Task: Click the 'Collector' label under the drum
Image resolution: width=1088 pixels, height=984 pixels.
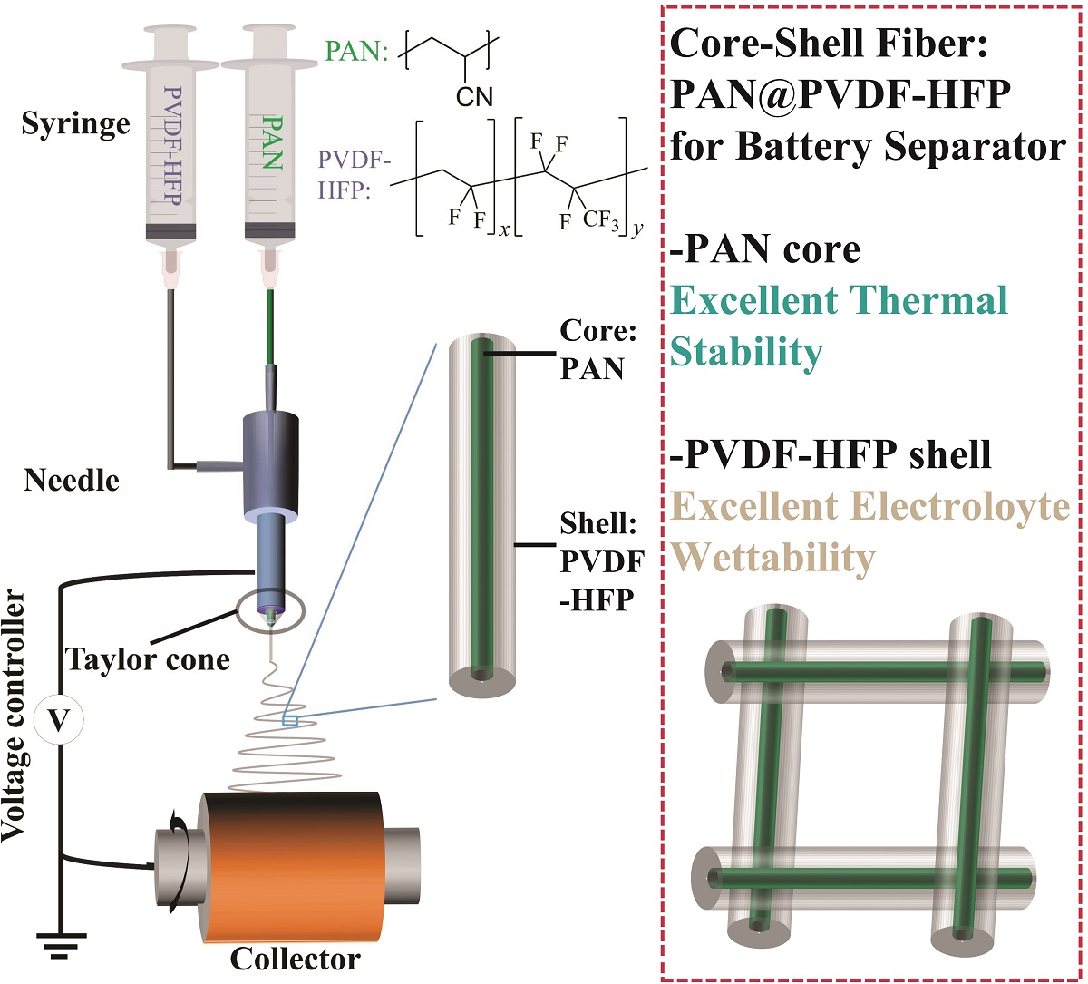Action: [x=295, y=959]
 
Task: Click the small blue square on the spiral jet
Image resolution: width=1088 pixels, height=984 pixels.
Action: [x=290, y=721]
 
